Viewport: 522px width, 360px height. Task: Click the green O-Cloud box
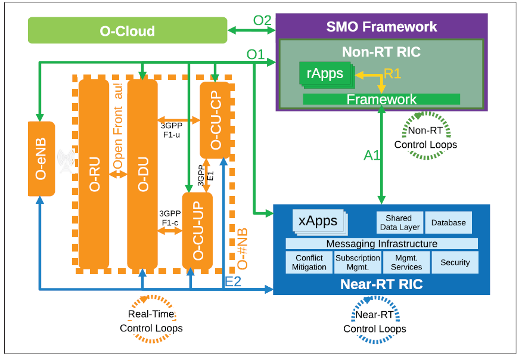pos(128,30)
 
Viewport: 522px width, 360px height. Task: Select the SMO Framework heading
pos(381,27)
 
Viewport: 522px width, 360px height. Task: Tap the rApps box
pos(325,73)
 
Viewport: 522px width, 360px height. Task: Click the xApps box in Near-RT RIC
pos(318,221)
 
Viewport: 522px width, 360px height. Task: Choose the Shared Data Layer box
pos(399,222)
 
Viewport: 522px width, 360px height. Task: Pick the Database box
pos(448,222)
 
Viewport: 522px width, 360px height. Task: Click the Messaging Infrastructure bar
pos(381,244)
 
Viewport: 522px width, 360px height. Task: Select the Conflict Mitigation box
pos(309,262)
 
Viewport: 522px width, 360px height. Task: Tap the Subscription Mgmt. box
pos(358,262)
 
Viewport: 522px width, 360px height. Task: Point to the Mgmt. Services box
pos(406,262)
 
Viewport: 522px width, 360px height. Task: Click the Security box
pos(455,262)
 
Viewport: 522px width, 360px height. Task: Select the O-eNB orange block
pos(41,159)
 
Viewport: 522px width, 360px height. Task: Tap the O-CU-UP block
pos(197,229)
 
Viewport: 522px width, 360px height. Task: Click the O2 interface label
pos(262,20)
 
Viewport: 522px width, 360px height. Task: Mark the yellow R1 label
pos(392,73)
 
